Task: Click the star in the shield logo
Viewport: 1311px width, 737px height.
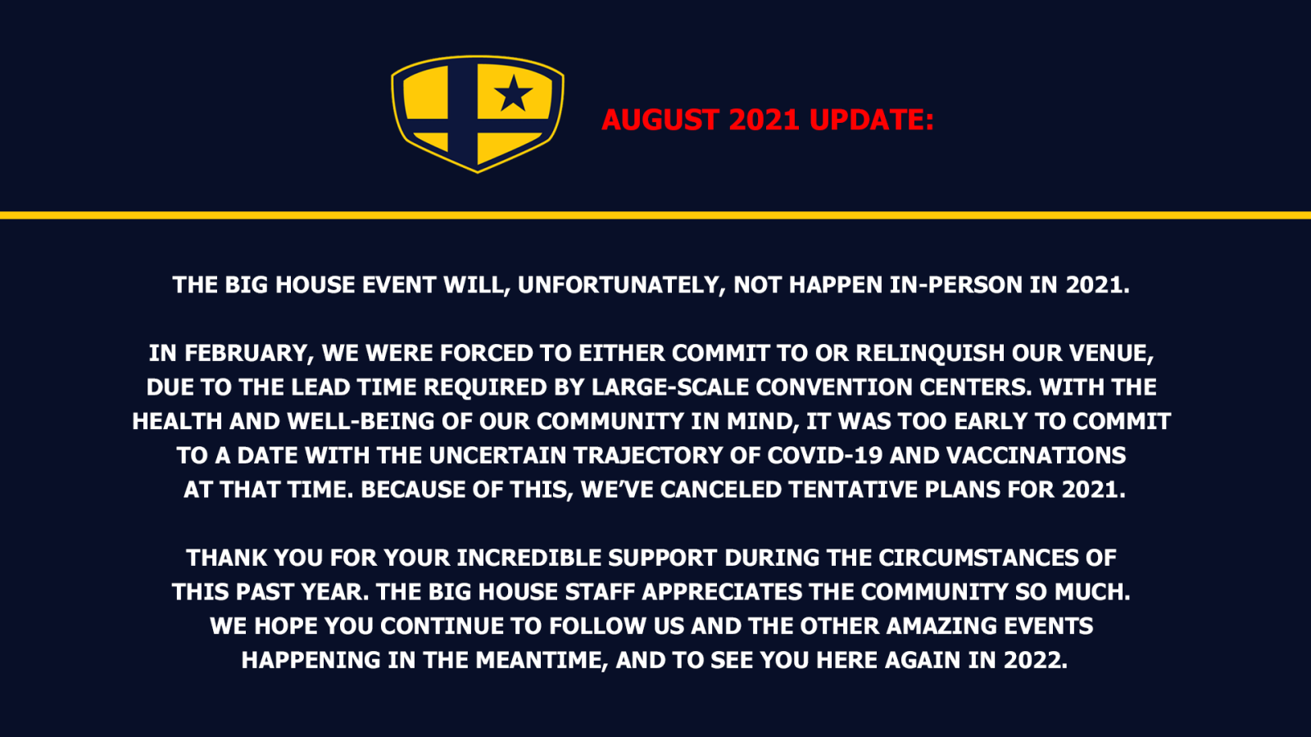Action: [513, 93]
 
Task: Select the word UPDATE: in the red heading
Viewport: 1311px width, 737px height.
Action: [872, 120]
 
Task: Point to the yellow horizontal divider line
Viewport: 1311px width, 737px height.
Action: [655, 215]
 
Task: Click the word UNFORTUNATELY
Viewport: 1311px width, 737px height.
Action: [622, 286]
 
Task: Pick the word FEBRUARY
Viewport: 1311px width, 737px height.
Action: [250, 353]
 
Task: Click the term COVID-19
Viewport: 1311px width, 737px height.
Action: [824, 455]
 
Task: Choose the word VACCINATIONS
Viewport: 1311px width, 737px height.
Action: [1036, 455]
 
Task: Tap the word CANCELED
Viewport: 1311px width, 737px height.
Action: [721, 490]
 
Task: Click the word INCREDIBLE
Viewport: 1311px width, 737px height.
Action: [528, 558]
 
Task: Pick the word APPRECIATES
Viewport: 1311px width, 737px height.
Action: [722, 592]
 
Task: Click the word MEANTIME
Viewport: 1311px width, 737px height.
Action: [542, 660]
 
